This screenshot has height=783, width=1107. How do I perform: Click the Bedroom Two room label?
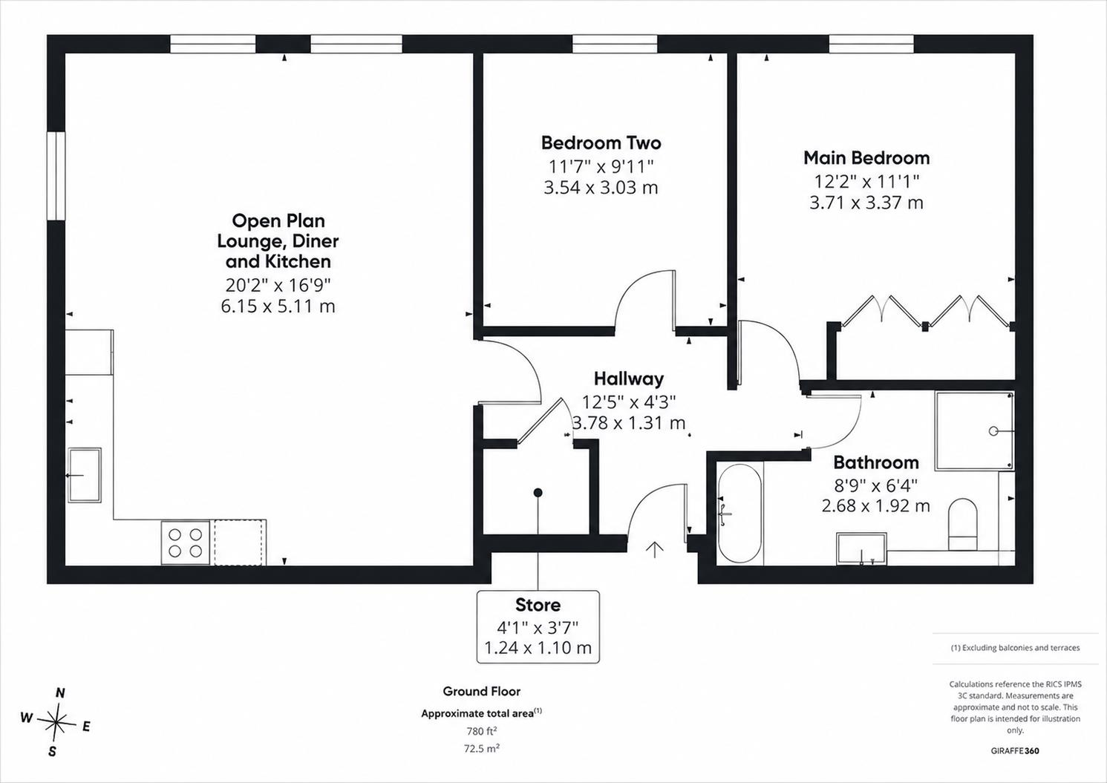pyautogui.click(x=601, y=142)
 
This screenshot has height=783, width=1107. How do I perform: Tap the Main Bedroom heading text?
pyautogui.click(x=866, y=157)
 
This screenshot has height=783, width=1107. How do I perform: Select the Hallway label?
pyautogui.click(x=629, y=379)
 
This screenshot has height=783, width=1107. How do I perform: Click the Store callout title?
pyautogui.click(x=538, y=605)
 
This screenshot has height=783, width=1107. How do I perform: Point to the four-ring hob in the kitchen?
pyautogui.click(x=186, y=542)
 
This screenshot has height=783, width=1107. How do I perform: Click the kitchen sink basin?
pyautogui.click(x=85, y=475)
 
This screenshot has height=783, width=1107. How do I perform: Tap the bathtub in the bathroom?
pyautogui.click(x=739, y=513)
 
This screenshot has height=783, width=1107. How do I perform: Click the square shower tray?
pyautogui.click(x=974, y=430)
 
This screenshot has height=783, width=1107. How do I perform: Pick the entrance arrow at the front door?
pyautogui.click(x=655, y=550)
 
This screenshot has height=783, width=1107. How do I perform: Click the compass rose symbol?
pyautogui.click(x=56, y=723)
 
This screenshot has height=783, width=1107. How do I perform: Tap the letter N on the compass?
pyautogui.click(x=60, y=693)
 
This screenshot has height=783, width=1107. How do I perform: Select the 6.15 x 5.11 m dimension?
pyautogui.click(x=278, y=307)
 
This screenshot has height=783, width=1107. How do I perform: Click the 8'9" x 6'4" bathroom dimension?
pyautogui.click(x=875, y=486)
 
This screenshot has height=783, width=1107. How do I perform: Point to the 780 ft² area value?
pyautogui.click(x=481, y=731)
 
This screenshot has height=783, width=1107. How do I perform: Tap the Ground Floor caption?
pyautogui.click(x=481, y=691)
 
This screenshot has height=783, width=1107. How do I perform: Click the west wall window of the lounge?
pyautogui.click(x=56, y=176)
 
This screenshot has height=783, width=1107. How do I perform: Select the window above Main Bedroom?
pyautogui.click(x=871, y=44)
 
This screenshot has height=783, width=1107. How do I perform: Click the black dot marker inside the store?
pyautogui.click(x=538, y=493)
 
